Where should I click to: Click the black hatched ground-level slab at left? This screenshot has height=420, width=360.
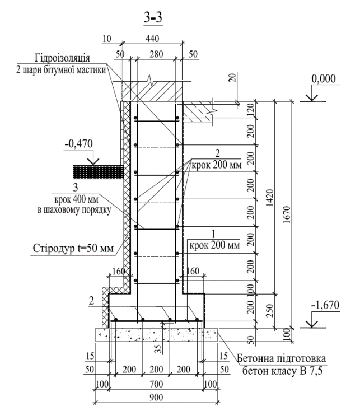click(96, 170)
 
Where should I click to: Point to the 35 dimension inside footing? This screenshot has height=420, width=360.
click(158, 347)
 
